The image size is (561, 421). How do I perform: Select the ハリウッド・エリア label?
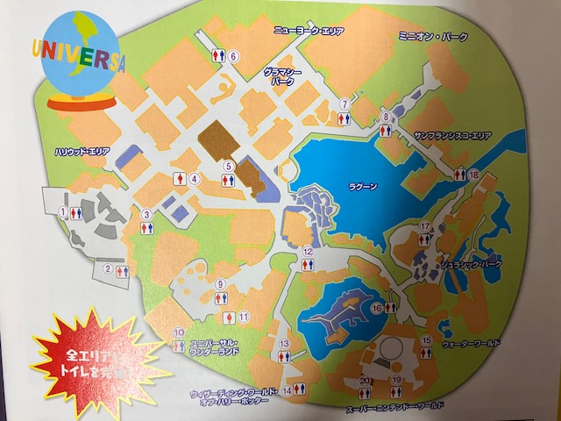pos(82,151)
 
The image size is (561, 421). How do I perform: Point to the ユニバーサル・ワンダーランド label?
pos(211,346)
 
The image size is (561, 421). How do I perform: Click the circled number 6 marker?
pos(234,56)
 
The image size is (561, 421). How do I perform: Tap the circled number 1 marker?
pos(63,211)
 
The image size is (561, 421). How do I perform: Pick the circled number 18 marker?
pos(473,175)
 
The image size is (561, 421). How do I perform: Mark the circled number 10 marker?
pos(178,332)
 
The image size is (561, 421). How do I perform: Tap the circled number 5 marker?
pos(227,165)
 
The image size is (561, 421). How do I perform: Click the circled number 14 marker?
pos(287,389)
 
